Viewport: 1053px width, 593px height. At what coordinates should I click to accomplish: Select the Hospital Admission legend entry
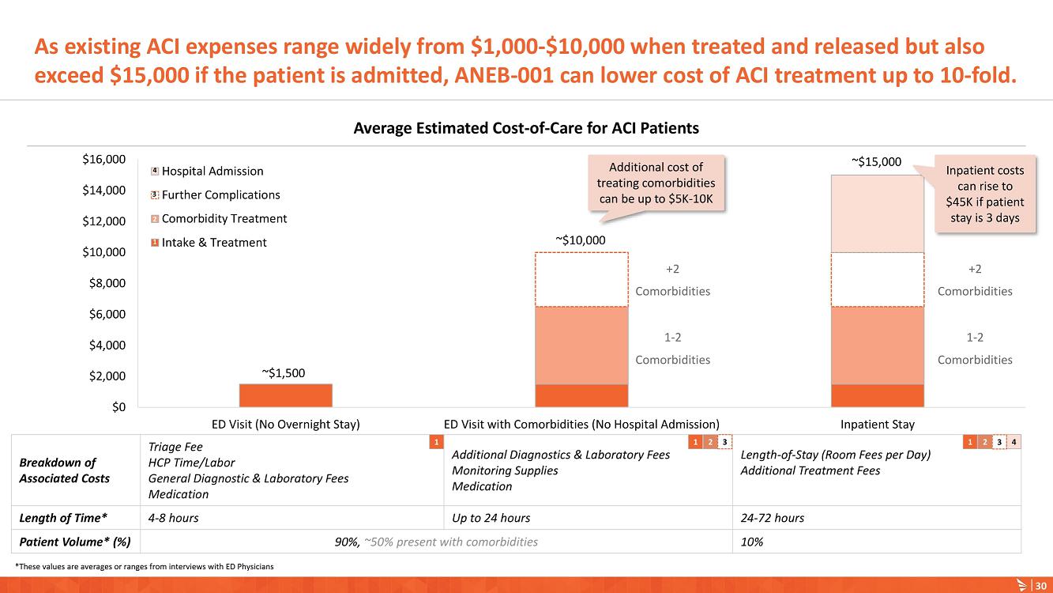point(212,172)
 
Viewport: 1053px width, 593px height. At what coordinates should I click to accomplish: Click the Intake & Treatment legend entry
point(213,243)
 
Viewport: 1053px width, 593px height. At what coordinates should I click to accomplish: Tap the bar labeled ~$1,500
point(285,395)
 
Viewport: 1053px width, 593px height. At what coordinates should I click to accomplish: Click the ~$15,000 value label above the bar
point(876,161)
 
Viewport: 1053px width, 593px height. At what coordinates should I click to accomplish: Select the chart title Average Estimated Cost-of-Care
point(526,128)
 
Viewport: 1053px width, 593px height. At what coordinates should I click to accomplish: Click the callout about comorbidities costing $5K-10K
point(656,183)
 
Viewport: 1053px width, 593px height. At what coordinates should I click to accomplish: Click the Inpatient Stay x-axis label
point(878,425)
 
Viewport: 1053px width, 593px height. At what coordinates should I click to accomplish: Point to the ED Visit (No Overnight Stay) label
point(285,425)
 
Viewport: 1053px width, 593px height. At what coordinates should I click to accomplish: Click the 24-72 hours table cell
point(772,519)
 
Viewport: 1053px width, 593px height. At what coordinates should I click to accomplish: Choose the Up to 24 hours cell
point(491,519)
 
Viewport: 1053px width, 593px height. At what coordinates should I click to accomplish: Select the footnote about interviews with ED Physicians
point(144,566)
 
